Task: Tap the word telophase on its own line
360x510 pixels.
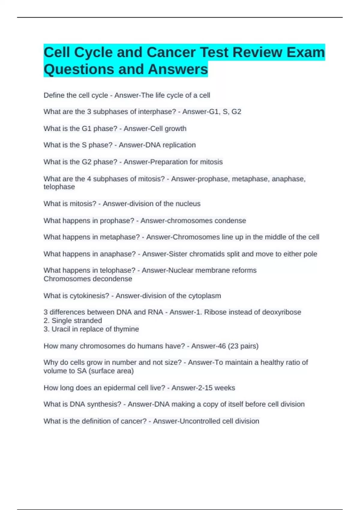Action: (x=59, y=187)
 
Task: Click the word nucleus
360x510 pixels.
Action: (x=188, y=203)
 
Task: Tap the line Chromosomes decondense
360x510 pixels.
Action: (x=88, y=279)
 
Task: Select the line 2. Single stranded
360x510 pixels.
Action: (x=73, y=320)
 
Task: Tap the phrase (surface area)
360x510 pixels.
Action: (x=111, y=371)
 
